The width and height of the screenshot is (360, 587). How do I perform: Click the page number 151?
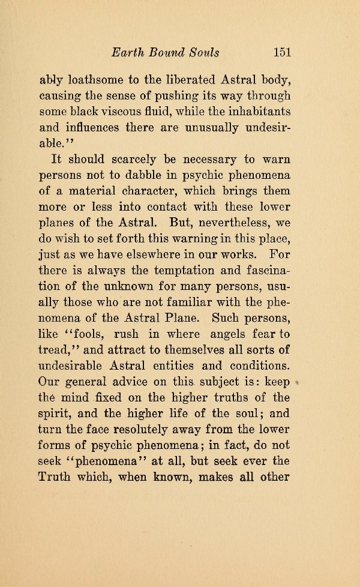point(281,52)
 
